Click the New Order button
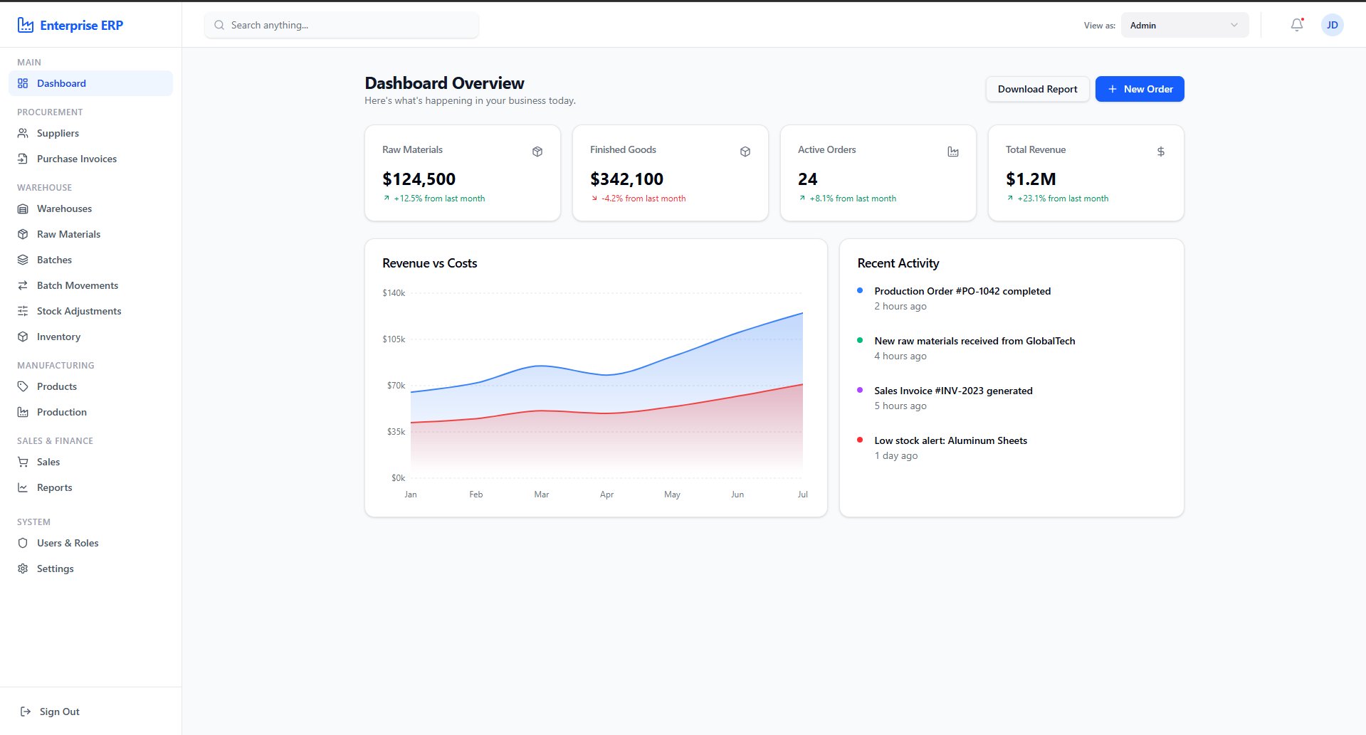click(1139, 89)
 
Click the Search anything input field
click(342, 25)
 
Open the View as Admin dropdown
click(1184, 25)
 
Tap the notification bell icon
click(1297, 25)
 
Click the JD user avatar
click(1332, 25)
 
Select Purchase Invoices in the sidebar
click(77, 159)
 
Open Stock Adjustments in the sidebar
click(79, 311)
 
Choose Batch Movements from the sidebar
click(78, 285)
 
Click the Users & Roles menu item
click(68, 543)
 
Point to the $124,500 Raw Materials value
click(419, 179)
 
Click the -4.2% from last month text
click(643, 199)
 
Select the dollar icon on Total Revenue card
click(1161, 152)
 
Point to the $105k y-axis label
click(394, 339)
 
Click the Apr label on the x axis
click(606, 495)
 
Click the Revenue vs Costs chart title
click(430, 263)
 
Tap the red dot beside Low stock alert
click(860, 440)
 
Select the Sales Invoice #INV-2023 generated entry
click(953, 391)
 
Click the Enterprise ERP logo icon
click(26, 25)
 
